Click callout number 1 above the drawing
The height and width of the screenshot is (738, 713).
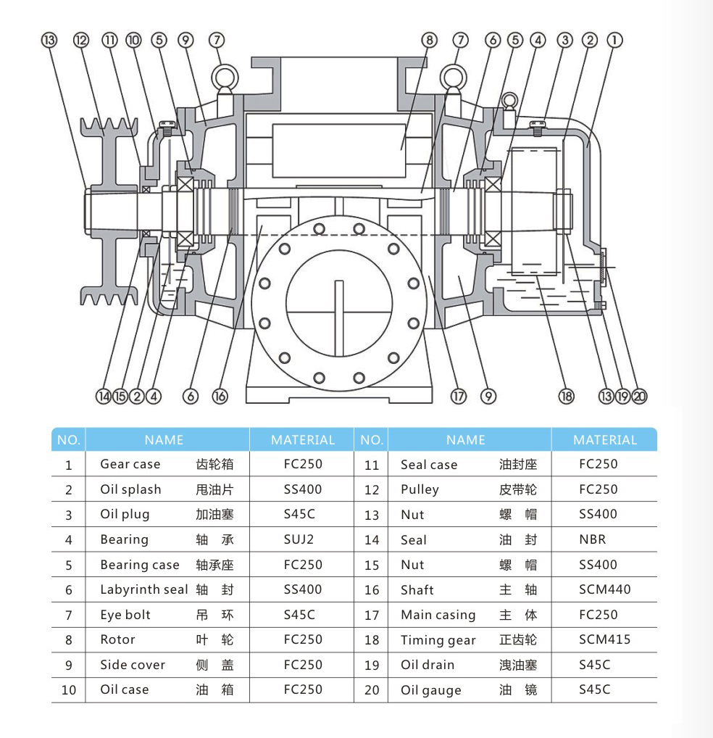click(x=614, y=40)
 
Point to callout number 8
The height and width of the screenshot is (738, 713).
click(x=430, y=40)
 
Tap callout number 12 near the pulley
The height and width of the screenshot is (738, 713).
click(x=80, y=40)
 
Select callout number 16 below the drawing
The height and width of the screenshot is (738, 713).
click(x=220, y=396)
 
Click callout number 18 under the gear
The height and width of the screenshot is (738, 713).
click(x=566, y=396)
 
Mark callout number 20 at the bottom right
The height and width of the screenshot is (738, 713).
click(x=639, y=396)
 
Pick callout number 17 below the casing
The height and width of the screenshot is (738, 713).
click(x=458, y=396)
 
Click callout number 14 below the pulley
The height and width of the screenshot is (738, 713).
click(x=104, y=396)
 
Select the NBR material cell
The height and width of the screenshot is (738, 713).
click(x=592, y=539)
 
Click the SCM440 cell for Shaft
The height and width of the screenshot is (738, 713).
click(x=604, y=589)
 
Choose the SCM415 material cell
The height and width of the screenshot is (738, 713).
click(x=604, y=639)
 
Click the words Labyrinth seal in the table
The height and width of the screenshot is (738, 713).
click(x=143, y=589)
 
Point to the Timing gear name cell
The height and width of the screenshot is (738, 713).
click(x=438, y=640)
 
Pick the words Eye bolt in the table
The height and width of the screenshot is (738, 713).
click(x=125, y=615)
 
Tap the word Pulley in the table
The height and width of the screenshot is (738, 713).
click(x=420, y=489)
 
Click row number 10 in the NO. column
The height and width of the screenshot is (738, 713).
click(x=69, y=690)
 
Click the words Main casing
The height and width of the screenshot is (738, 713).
click(x=438, y=615)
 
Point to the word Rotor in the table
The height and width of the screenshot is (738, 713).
click(x=117, y=639)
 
